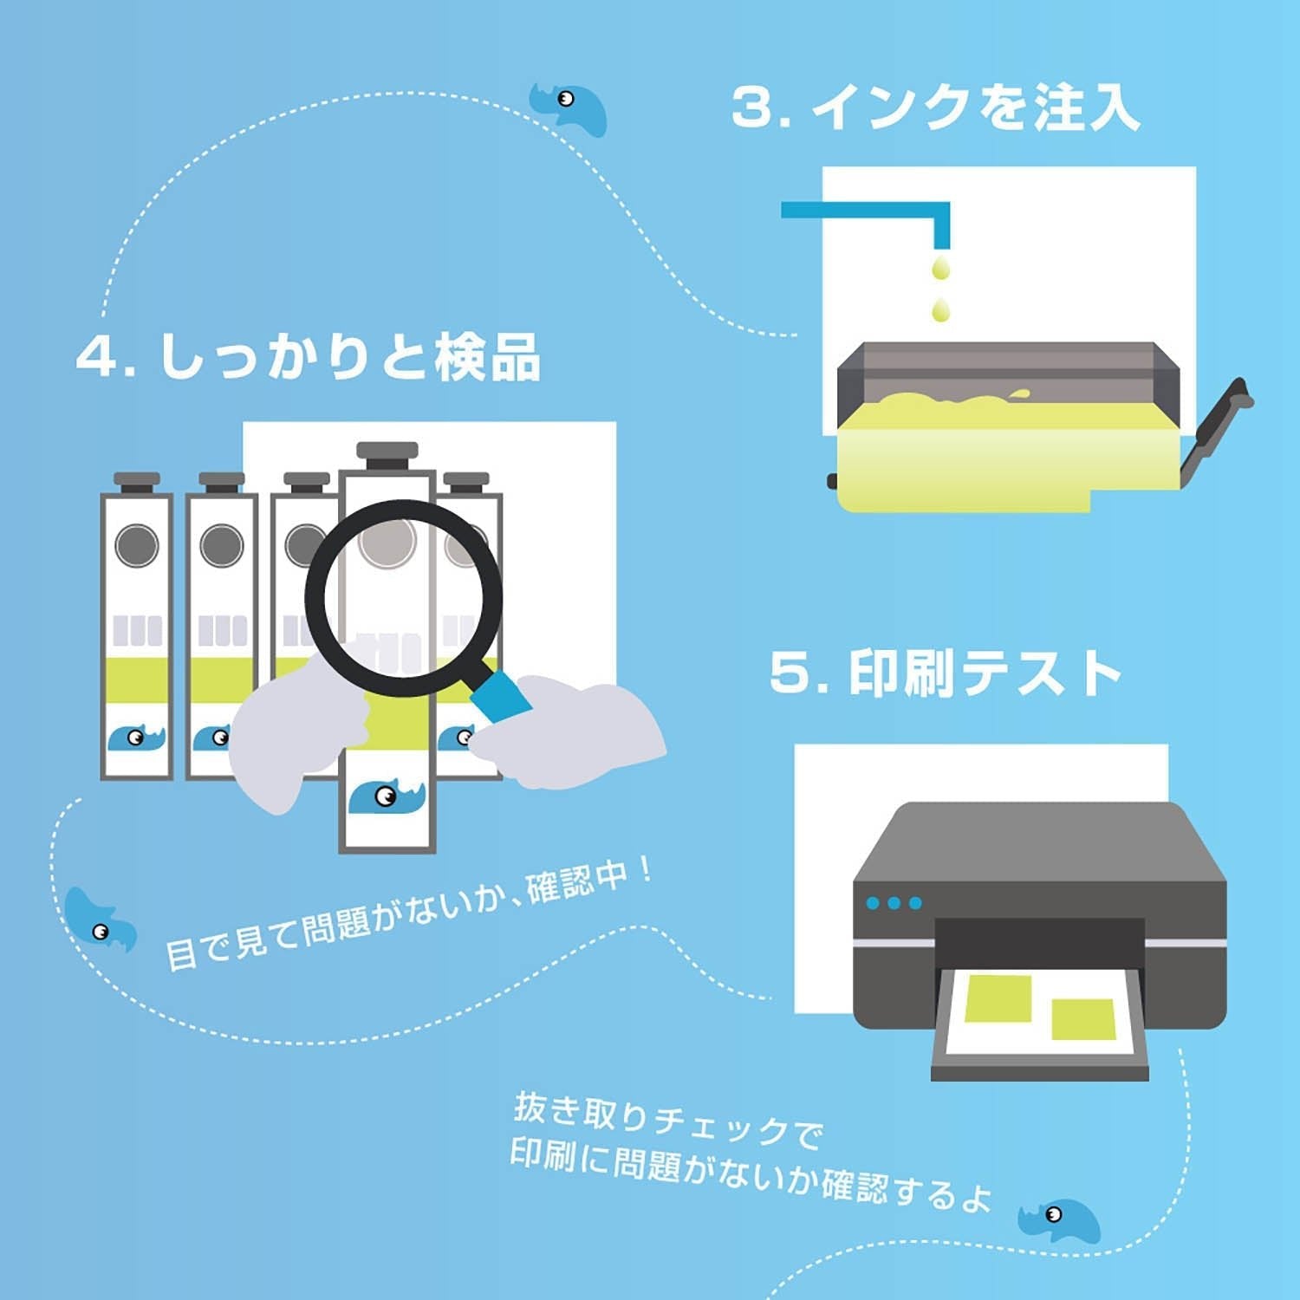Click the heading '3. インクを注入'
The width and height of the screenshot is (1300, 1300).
(934, 107)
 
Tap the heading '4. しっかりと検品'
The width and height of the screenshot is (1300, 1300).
(308, 356)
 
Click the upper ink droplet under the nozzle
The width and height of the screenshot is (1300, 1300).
(939, 267)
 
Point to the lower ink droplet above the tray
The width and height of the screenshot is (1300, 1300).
(939, 309)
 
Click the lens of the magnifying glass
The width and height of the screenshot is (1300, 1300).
(403, 598)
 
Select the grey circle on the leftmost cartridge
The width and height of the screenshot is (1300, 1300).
(136, 546)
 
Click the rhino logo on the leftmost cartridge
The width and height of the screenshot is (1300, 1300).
(136, 738)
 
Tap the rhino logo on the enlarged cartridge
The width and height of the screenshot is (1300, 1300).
(387, 796)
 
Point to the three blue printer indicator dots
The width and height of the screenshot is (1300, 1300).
(894, 903)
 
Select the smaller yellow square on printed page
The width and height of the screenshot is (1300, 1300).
(1082, 1018)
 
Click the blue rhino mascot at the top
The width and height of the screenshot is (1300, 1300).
(569, 107)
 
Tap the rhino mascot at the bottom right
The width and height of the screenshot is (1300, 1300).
(1059, 1219)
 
